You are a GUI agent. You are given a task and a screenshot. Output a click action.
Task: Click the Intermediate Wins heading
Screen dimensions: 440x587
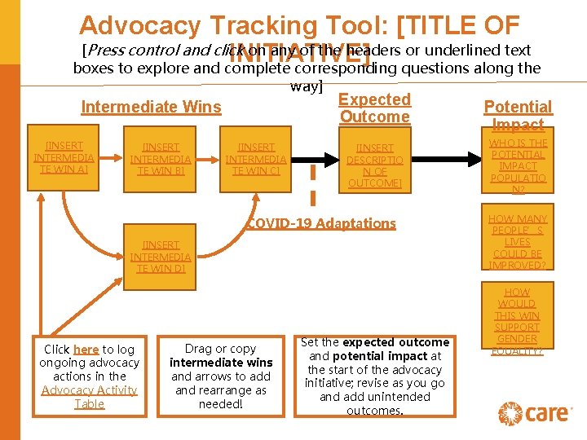151,107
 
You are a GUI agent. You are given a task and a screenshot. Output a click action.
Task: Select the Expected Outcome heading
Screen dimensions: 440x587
374,108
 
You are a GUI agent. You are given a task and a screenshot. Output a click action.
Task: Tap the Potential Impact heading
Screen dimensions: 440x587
518,115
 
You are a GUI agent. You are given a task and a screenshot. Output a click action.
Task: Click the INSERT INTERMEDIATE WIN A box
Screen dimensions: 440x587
64,157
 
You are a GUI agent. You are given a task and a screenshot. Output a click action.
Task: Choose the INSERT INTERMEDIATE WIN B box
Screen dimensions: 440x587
161,159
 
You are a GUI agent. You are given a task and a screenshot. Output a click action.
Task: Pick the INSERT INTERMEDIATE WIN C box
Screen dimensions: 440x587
256,159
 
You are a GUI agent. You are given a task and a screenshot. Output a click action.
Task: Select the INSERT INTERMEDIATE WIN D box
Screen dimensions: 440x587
161,256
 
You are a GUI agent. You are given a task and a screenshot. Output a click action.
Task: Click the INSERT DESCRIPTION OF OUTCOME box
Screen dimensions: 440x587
374,165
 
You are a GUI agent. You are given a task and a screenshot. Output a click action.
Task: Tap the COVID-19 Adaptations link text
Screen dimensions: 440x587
321,223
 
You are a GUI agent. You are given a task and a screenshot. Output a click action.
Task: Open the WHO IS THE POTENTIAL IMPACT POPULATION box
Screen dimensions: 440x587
519,166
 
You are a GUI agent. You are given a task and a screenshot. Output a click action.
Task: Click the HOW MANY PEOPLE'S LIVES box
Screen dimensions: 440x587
518,241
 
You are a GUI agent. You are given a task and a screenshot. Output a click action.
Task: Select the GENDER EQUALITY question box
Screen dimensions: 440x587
518,320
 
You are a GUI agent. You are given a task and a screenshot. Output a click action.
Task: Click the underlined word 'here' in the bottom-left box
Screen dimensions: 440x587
86,350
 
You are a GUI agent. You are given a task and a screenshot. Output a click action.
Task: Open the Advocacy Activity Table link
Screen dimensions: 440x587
90,397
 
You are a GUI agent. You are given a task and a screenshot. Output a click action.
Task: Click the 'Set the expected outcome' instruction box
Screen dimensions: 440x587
374,376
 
